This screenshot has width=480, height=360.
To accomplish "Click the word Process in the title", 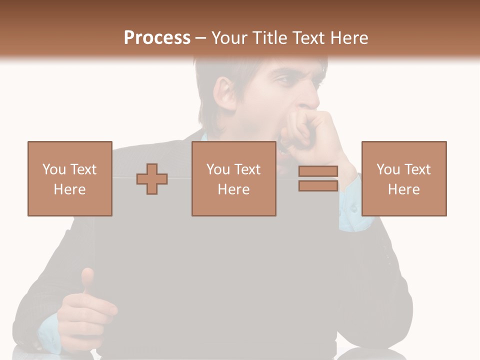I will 157,37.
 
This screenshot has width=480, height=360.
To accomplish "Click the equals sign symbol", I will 318,178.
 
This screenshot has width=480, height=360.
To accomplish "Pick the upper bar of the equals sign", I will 318,171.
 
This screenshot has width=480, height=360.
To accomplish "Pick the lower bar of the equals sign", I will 318,185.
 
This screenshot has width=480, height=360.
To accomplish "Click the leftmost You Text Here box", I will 69,178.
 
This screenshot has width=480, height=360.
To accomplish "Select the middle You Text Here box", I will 233,178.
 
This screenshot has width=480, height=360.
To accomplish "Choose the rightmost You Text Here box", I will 403,178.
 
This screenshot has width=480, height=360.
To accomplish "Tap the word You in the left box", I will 54,169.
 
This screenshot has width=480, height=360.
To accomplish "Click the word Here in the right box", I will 403,189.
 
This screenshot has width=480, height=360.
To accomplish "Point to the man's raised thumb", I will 88,280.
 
